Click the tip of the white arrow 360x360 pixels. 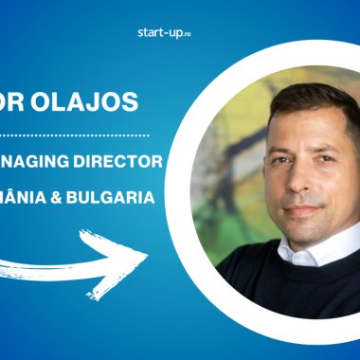146,255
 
